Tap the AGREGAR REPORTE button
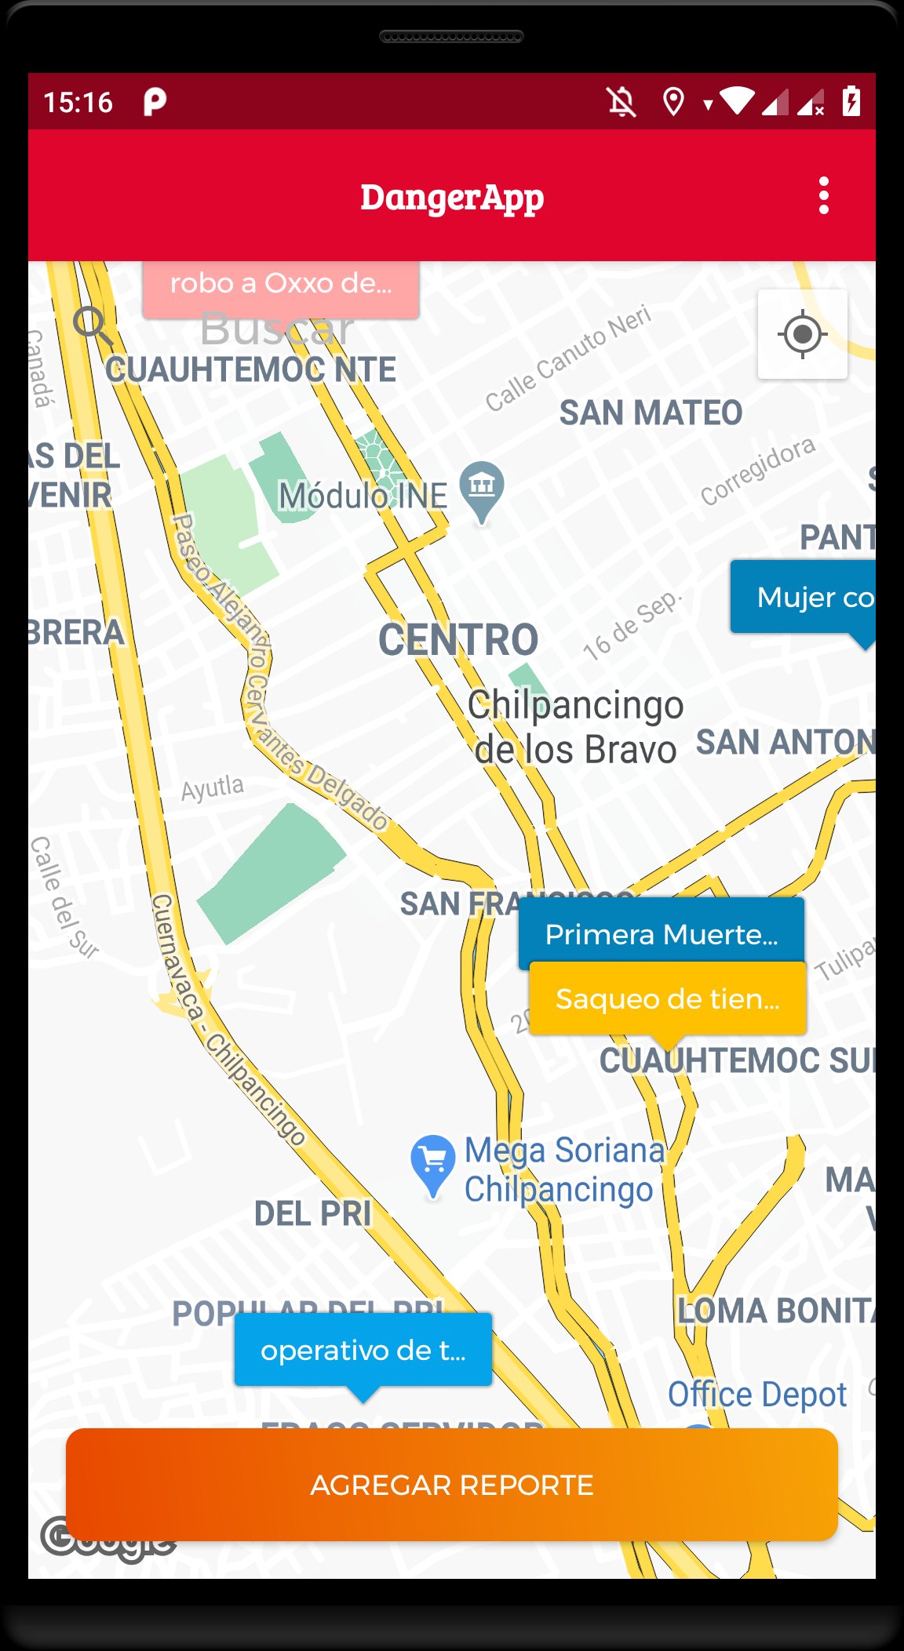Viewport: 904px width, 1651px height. tap(452, 1485)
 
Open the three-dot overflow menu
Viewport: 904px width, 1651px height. tap(823, 195)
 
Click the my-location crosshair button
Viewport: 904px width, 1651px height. tap(802, 335)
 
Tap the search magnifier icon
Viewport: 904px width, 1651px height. tap(93, 325)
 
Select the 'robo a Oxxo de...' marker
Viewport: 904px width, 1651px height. tap(280, 284)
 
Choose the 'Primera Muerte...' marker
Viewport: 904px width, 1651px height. tap(661, 933)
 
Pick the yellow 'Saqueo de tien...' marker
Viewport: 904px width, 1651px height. tap(667, 998)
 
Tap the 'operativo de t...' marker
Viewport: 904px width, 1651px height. tap(363, 1350)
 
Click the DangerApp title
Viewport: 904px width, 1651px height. tap(452, 196)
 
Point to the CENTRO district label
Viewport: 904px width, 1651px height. tap(458, 639)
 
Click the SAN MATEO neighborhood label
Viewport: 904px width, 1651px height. tap(651, 413)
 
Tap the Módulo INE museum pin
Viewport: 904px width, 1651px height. tap(482, 487)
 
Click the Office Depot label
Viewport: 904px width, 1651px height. tap(756, 1395)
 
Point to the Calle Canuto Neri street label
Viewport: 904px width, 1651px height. tap(568, 358)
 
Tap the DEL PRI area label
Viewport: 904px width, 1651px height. tap(312, 1213)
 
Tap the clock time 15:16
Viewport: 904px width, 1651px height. tap(78, 102)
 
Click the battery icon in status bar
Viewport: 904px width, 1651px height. tap(851, 101)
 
